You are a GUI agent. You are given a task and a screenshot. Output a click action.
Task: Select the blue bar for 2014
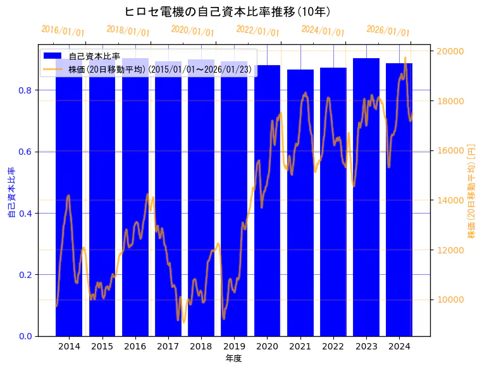pos(69,202)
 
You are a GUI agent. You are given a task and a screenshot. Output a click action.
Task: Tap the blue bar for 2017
pos(168,202)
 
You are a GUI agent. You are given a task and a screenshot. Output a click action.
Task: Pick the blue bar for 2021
pos(300,202)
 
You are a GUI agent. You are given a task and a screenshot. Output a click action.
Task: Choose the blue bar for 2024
pos(399,202)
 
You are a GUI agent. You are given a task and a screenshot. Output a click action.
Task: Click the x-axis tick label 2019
pos(234,346)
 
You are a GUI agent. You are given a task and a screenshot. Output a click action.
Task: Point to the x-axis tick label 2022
pos(333,346)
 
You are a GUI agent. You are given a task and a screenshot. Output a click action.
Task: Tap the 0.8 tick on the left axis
pos(25,90)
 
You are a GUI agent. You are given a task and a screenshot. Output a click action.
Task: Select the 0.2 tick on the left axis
pos(25,275)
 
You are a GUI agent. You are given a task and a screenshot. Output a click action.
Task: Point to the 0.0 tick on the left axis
pos(25,336)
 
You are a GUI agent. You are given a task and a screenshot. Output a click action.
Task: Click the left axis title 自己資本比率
pos(11,192)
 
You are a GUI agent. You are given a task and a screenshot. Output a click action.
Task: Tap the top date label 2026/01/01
pos(388,31)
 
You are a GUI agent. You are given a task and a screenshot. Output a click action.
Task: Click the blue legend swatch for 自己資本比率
pos(53,56)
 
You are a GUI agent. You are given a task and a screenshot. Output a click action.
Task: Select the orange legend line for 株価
pos(53,69)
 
